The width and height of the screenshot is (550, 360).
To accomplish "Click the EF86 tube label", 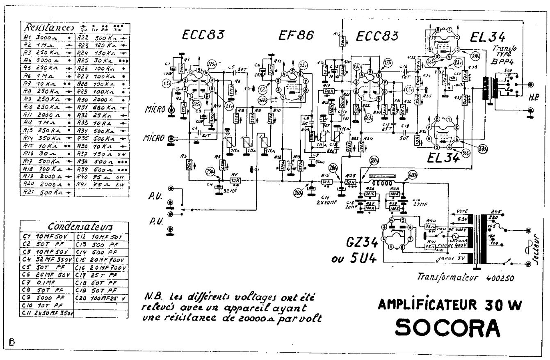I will [294, 35].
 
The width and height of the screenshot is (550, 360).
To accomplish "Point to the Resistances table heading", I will [49, 28].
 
